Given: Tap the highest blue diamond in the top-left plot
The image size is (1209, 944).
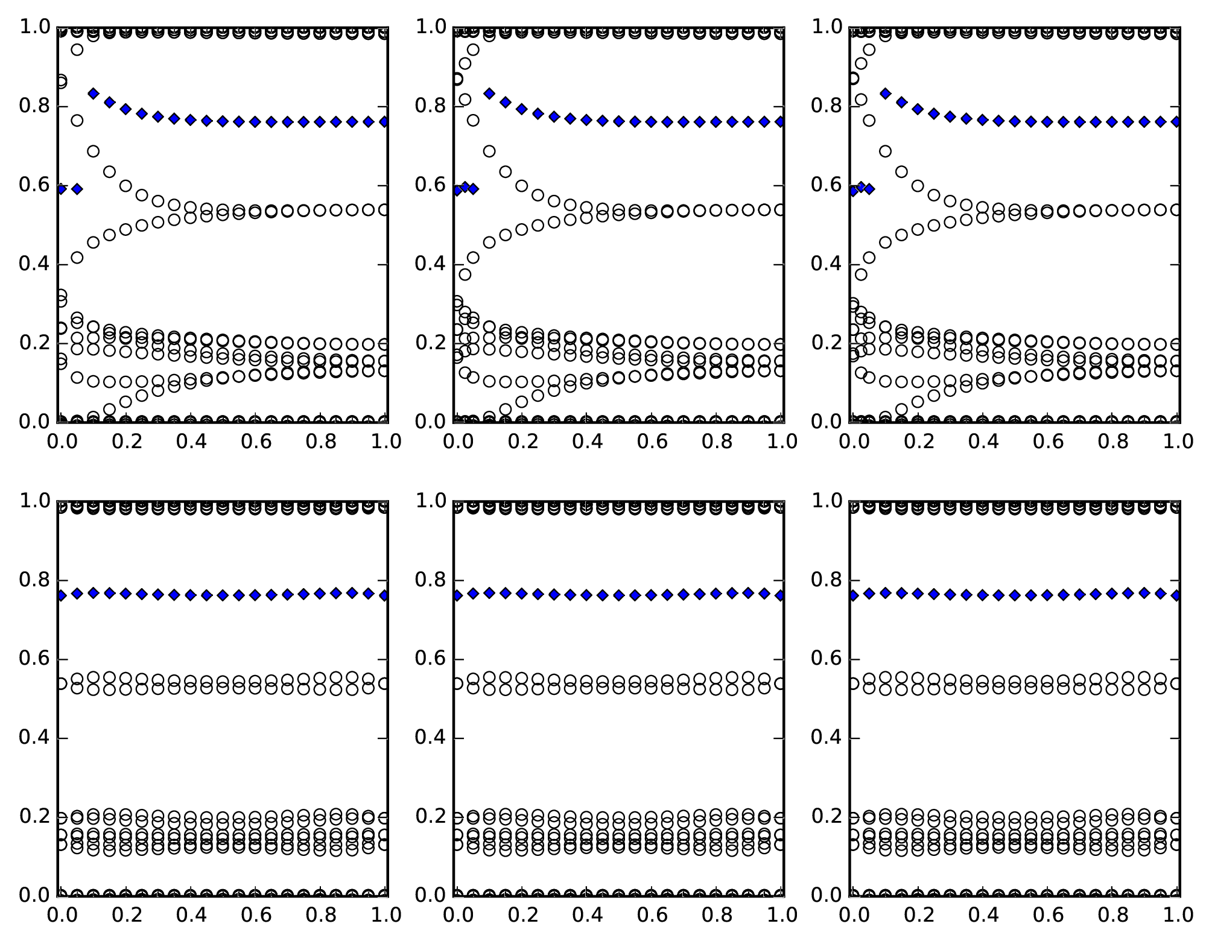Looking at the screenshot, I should coord(94,93).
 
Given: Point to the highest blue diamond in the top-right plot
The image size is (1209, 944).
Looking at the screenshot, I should coord(885,93).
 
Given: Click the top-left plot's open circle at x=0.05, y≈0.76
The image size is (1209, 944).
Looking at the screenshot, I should coord(77,121).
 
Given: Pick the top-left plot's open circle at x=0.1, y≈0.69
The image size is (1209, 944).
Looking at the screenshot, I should coord(94,151).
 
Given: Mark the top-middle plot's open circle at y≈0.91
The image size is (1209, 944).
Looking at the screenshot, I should coord(465,63).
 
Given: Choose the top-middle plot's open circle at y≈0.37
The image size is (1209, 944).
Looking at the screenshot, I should coord(465,274).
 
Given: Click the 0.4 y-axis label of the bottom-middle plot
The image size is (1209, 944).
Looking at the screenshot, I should coord(430,738).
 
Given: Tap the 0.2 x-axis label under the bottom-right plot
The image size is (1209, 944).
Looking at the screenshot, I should coord(918,915).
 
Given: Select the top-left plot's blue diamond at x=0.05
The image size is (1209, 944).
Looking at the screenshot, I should coord(77,189).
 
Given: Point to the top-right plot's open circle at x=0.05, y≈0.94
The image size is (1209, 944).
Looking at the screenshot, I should coord(869,49).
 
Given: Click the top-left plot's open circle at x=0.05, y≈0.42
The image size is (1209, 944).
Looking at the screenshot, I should coord(77,258).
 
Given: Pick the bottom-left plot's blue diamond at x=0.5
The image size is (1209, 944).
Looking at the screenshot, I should coord(223,595).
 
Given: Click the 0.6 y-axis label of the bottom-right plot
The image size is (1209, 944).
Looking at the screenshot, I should coord(825,659).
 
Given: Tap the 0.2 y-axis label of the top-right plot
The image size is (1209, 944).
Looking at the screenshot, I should coord(825,343).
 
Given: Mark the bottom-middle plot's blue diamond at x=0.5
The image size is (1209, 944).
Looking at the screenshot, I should coord(619,595).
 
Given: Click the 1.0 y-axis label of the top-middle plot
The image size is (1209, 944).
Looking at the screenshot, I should coord(430,27).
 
